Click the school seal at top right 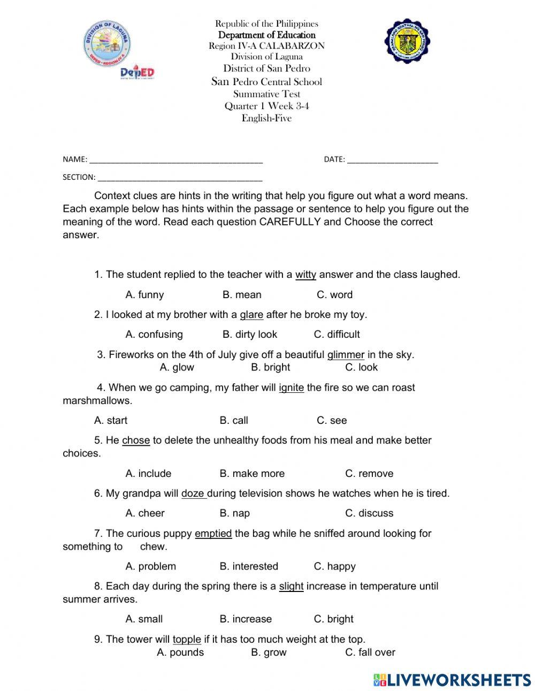[x=408, y=41]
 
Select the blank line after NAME [x=176, y=160]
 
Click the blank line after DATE [x=392, y=160]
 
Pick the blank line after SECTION [x=180, y=178]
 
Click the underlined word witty [x=305, y=275]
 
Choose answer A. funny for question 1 [x=144, y=294]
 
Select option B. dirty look [x=249, y=335]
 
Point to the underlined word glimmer [x=346, y=354]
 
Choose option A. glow [x=177, y=367]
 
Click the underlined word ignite [x=291, y=388]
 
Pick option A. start [x=111, y=420]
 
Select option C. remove [x=369, y=473]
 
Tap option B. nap [x=234, y=513]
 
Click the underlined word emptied [x=213, y=533]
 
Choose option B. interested [x=249, y=566]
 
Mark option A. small [x=144, y=619]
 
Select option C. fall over [x=370, y=652]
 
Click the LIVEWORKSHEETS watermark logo [x=452, y=679]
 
